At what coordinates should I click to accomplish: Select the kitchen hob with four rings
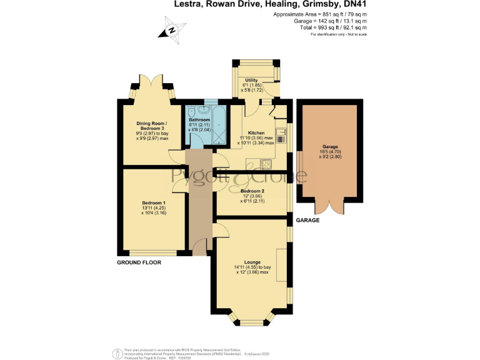(265, 164)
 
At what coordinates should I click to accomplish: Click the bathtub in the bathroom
(220, 126)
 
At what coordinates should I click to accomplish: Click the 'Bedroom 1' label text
(153, 203)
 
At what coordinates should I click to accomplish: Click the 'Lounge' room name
(252, 262)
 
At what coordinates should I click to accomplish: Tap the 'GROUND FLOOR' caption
(139, 262)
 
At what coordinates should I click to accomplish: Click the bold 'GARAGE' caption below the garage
(307, 221)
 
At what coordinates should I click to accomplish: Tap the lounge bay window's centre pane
(252, 322)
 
